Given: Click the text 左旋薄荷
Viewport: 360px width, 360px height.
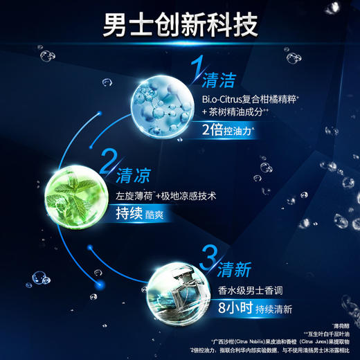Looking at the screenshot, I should [133, 197].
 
